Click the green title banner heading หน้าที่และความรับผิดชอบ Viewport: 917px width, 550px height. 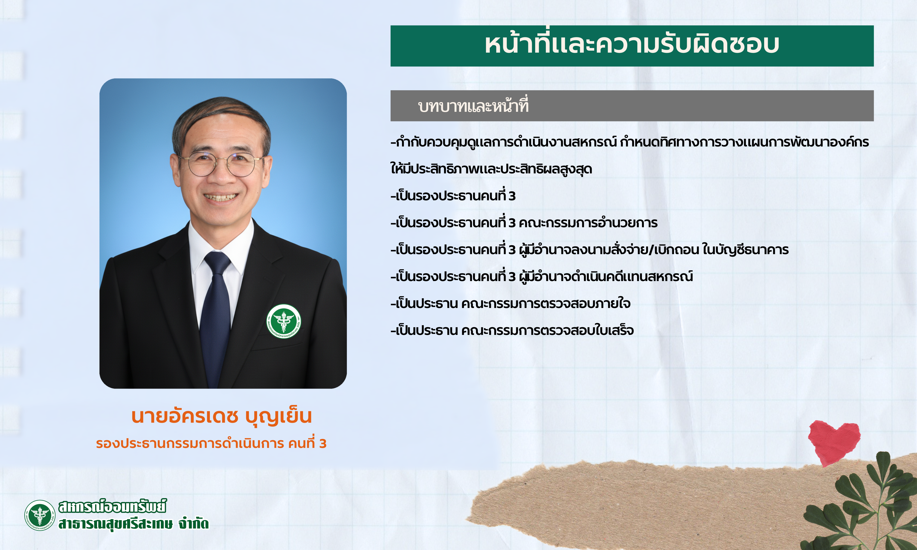(x=632, y=46)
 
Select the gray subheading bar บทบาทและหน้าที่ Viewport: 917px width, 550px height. (x=632, y=106)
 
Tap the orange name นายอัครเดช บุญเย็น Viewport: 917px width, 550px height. (x=222, y=416)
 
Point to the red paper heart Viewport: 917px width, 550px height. (x=834, y=442)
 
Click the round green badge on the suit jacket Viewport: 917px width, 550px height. (x=284, y=321)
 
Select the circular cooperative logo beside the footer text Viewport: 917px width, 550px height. (x=40, y=515)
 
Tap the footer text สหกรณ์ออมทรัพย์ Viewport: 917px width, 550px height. (x=112, y=506)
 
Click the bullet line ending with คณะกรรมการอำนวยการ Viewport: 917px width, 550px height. (x=524, y=223)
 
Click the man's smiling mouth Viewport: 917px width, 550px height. (x=221, y=197)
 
